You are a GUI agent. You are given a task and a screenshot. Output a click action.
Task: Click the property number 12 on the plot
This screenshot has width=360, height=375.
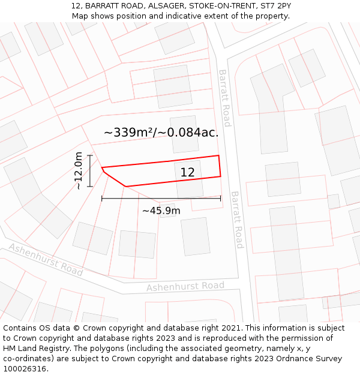pyautogui.click(x=188, y=173)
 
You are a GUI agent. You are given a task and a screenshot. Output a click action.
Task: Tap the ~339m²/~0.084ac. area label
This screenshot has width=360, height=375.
pyautogui.click(x=161, y=133)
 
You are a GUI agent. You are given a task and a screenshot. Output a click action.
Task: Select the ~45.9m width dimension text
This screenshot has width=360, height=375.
pyautogui.click(x=161, y=211)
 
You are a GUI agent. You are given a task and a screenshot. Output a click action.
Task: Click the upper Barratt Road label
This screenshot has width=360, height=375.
pyautogui.click(x=224, y=98)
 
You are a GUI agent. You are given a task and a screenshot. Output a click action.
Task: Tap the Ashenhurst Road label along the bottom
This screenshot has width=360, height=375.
pyautogui.click(x=185, y=286)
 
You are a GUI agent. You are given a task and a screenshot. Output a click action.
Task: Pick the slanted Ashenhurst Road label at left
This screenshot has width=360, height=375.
pyautogui.click(x=46, y=260)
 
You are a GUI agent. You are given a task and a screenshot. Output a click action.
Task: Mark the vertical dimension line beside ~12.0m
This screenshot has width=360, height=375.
pyautogui.click(x=90, y=171)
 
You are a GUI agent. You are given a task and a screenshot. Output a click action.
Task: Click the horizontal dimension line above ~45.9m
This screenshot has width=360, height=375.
pyautogui.click(x=161, y=198)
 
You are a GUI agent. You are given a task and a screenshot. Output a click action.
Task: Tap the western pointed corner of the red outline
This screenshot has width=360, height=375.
pyautogui.click(x=102, y=168)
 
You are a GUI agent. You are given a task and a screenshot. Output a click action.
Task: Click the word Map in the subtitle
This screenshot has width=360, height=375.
pyautogui.click(x=81, y=16)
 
